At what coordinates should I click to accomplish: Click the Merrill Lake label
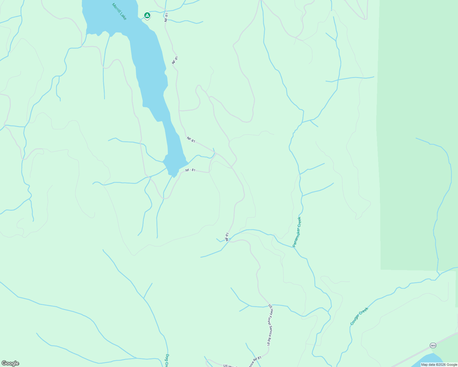pyautogui.click(x=119, y=12)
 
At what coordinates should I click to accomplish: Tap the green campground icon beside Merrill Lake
pyautogui.click(x=147, y=15)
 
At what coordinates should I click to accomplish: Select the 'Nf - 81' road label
pyautogui.click(x=190, y=170)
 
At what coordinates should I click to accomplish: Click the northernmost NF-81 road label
pyautogui.click(x=166, y=17)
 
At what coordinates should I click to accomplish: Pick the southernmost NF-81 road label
pyautogui.click(x=227, y=237)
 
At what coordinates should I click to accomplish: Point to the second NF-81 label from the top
pyautogui.click(x=175, y=60)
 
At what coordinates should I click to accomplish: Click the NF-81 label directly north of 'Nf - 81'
pyautogui.click(x=191, y=140)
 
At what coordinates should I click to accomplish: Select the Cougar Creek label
pyautogui.click(x=359, y=316)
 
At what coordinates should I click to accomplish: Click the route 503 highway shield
pyautogui.click(x=433, y=345)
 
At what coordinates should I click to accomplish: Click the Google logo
pyautogui.click(x=10, y=363)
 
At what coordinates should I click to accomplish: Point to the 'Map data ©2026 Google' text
pyautogui.click(x=439, y=365)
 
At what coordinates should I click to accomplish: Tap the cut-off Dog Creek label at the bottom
pyautogui.click(x=167, y=361)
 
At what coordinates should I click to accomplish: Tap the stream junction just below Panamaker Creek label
pyautogui.click(x=294, y=247)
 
